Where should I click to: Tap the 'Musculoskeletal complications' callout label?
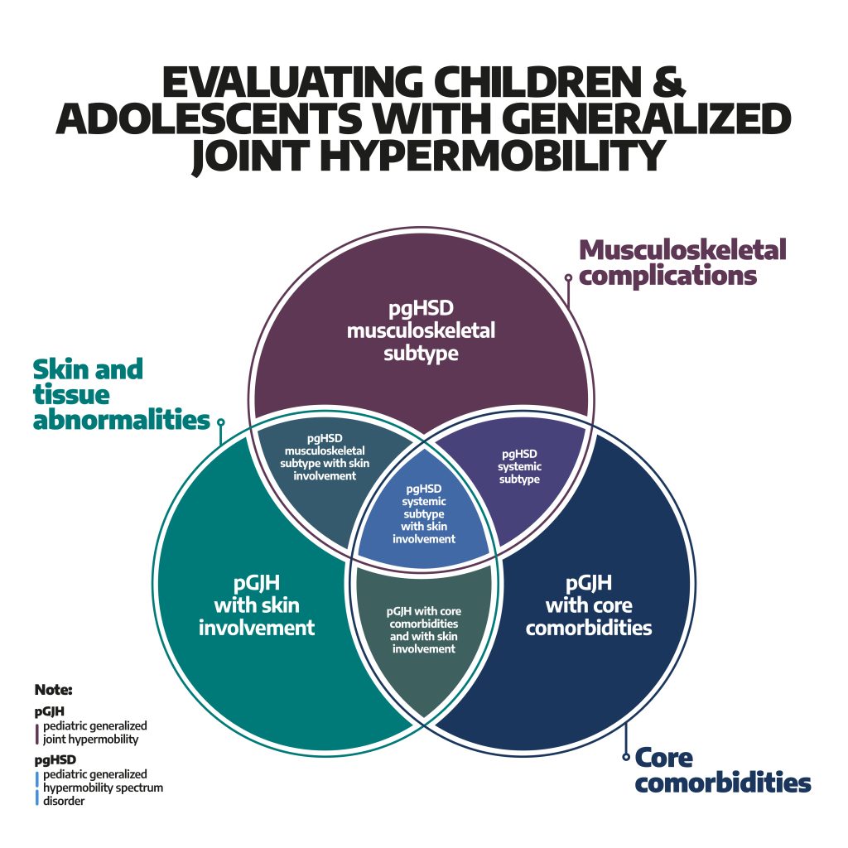coord(682,262)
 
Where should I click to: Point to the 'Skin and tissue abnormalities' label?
coord(120,394)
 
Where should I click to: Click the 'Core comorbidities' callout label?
coord(722,769)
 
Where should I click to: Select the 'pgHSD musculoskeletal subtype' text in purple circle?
coord(421,331)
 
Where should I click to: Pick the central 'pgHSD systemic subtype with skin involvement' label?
coord(424,513)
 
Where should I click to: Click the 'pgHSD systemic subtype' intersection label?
coord(519,467)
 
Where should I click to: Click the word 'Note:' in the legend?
coord(54,689)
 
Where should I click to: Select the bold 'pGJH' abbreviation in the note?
coord(50,711)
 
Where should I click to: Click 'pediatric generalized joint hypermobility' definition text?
coord(90,733)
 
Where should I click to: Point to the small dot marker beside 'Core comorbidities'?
coord(625,756)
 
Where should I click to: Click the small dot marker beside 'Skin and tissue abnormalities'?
coord(220,422)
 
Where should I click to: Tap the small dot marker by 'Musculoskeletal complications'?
coord(568,278)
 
